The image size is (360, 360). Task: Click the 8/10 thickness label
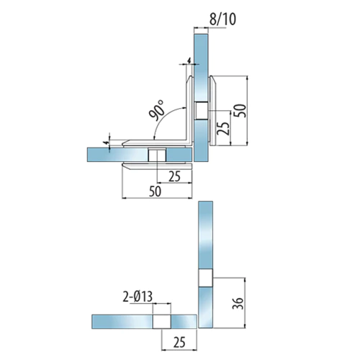222,19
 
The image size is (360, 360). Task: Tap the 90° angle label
156,110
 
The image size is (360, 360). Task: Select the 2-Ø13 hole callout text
138,297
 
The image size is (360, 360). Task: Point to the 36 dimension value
238,304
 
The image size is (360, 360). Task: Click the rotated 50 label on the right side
240,111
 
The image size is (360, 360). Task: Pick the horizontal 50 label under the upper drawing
155,192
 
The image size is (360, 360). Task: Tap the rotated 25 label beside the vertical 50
223,129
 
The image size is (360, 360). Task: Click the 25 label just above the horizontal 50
174,177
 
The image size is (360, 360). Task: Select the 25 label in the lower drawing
179,343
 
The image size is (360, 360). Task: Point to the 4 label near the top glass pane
189,60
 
